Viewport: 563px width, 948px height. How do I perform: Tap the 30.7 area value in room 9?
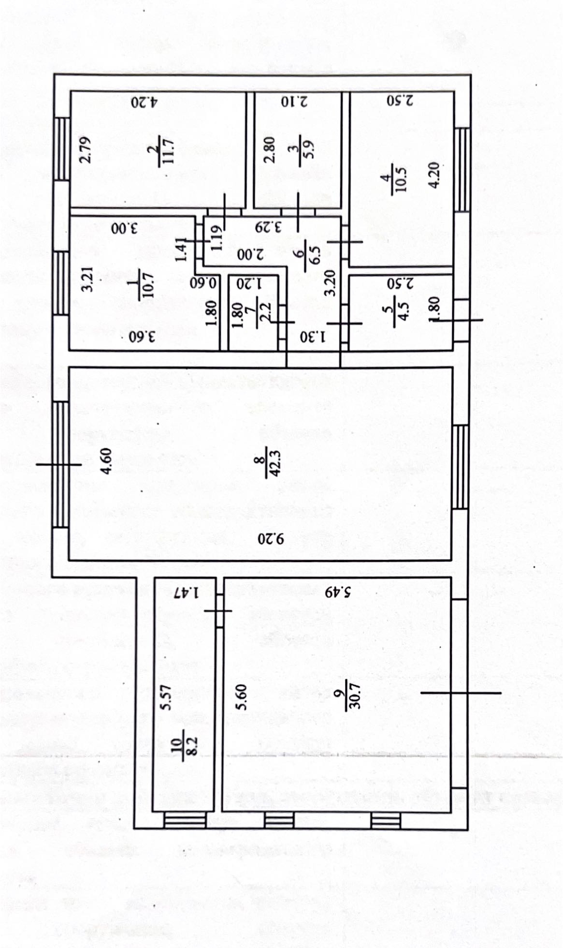[356, 696]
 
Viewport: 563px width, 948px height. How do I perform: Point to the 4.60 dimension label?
[106, 463]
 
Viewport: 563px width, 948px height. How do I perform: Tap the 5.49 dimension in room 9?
[337, 592]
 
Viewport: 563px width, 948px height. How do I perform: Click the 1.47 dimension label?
[187, 592]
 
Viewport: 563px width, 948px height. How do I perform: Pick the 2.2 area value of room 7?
[266, 313]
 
